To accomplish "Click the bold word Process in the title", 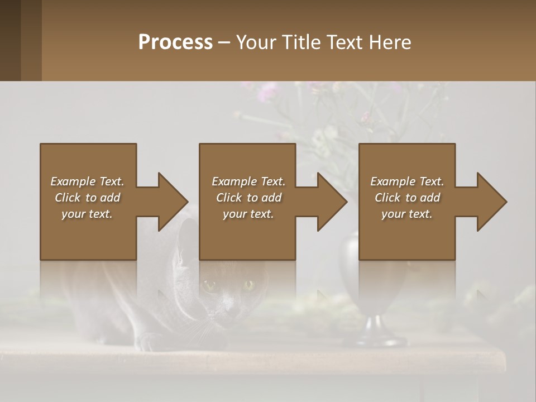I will click(x=175, y=42).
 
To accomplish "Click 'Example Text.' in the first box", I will click(x=87, y=181).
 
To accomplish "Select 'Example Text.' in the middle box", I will click(x=248, y=181).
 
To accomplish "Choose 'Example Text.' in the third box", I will click(x=407, y=181).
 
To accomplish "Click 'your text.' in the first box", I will click(x=87, y=214).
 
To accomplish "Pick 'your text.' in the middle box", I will click(x=248, y=214).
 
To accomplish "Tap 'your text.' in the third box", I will click(x=407, y=214).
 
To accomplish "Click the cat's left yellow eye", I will click(x=210, y=286).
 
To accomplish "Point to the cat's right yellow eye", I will click(x=248, y=285).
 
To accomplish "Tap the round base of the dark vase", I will click(x=373, y=335).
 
